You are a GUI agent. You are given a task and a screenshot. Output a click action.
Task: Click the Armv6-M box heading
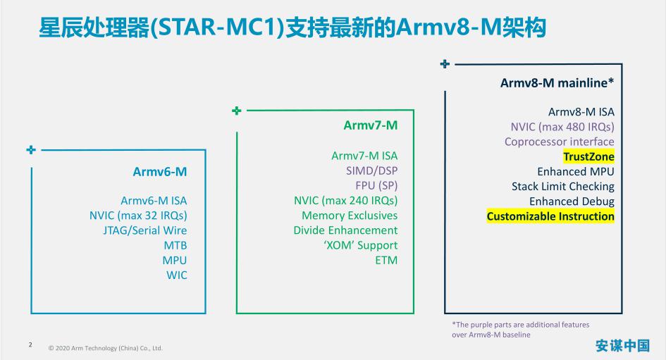click(160, 171)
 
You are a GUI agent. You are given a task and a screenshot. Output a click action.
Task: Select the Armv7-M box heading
click(371, 125)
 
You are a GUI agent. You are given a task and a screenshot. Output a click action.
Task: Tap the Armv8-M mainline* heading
click(557, 82)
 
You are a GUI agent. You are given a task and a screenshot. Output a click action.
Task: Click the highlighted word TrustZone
click(588, 156)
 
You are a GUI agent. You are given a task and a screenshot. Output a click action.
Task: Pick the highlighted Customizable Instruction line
click(550, 216)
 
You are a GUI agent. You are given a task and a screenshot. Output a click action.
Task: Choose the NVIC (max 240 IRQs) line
click(345, 201)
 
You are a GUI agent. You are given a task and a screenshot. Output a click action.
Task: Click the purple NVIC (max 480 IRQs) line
click(562, 127)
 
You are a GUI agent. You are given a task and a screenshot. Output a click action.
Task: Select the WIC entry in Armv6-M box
click(177, 275)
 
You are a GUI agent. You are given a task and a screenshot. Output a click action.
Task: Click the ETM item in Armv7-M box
click(386, 260)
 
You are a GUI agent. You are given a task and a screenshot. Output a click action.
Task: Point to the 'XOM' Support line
click(359, 245)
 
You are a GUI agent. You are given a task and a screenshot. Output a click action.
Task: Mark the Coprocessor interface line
click(560, 142)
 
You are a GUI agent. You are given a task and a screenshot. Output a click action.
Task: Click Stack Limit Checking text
click(563, 187)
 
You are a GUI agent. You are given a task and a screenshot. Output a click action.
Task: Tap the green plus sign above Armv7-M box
click(237, 111)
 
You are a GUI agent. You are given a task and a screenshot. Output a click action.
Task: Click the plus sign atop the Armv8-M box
click(445, 64)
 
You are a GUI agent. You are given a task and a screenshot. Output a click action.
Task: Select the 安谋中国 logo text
click(622, 345)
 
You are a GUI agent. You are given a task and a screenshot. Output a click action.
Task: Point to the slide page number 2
click(30, 345)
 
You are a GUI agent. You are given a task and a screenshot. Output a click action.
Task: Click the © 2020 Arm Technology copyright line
click(105, 348)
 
